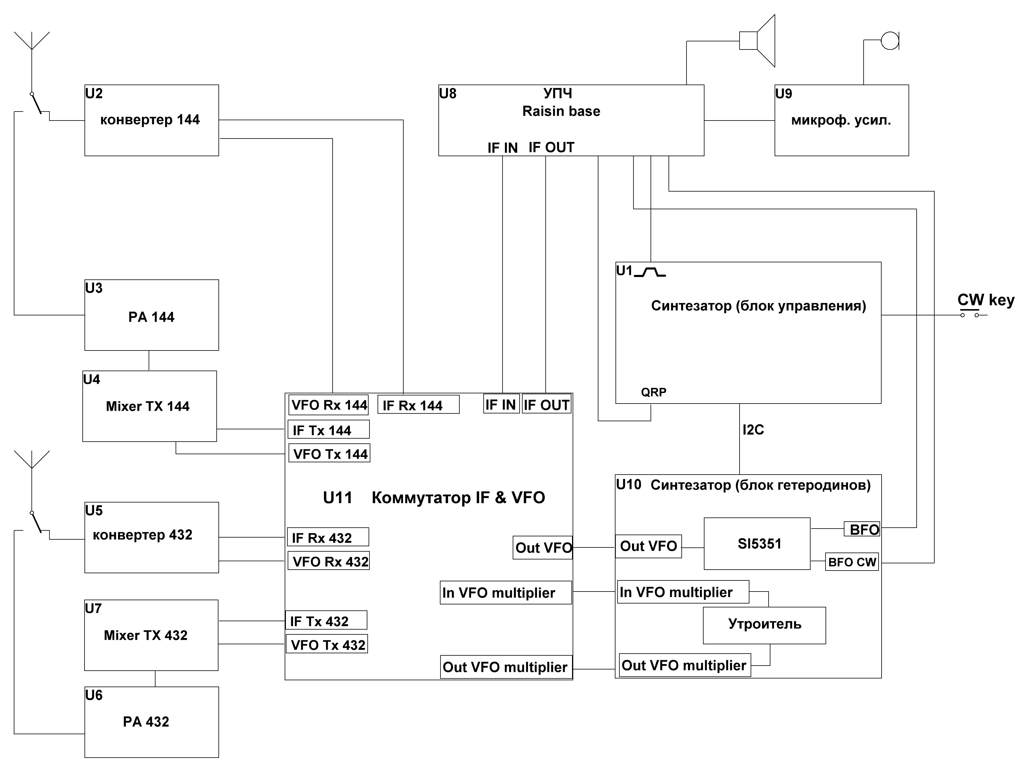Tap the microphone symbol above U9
889,40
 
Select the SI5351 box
757,544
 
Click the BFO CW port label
852,562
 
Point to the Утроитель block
764,624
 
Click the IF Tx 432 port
326,621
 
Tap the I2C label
753,430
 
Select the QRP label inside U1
654,392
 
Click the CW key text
985,300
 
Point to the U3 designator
94,288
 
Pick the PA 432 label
146,722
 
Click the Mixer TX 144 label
148,406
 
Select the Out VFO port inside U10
648,546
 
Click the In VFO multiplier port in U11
506,592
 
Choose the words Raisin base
561,111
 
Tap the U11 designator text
338,498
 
